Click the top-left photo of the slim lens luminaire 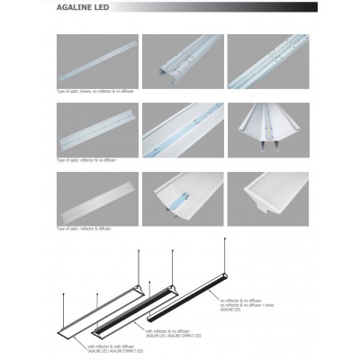(x=97, y=61)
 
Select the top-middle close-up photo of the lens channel (x=182, y=61)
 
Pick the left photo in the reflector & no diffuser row (x=97, y=128)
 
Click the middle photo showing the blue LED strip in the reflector (x=182, y=128)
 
